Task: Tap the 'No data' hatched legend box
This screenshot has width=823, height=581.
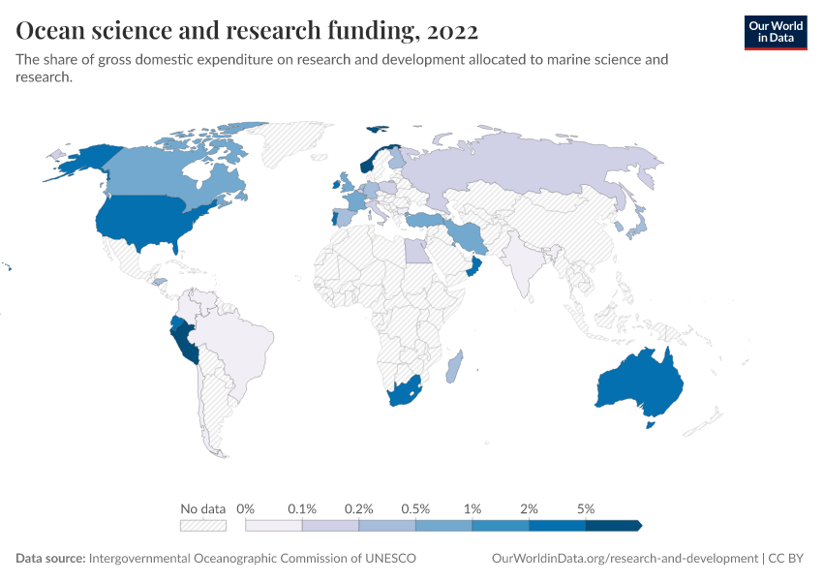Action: point(202,526)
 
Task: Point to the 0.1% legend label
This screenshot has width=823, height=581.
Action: point(302,508)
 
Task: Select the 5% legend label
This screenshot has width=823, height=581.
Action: point(585,508)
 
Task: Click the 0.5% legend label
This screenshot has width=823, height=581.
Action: point(415,508)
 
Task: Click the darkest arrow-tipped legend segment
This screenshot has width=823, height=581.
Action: point(613,526)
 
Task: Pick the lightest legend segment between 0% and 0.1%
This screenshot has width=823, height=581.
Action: point(274,526)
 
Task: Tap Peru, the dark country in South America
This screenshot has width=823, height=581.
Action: point(184,339)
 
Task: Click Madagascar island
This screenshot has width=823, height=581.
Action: point(454,367)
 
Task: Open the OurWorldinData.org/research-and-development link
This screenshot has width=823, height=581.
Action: point(625,559)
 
